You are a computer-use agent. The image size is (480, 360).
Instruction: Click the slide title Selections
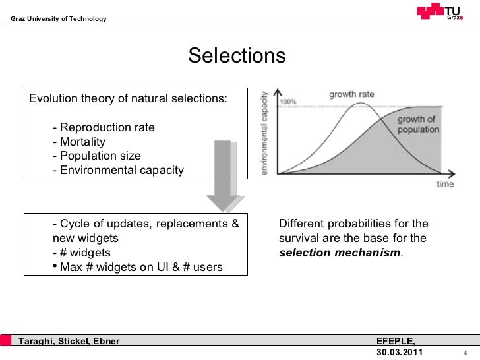pos(237,56)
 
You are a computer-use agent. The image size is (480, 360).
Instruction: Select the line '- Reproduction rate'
pos(104,127)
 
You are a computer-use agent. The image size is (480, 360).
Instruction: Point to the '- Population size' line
pos(96,156)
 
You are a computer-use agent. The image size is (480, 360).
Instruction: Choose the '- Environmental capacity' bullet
pos(118,171)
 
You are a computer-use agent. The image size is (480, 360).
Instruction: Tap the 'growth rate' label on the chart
pos(351,94)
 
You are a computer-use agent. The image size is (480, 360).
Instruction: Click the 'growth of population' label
pos(418,125)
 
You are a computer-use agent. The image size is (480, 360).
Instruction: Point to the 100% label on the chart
pos(288,102)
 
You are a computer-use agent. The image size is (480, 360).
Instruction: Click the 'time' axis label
pos(445,185)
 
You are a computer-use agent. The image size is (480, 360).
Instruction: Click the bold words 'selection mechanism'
pos(340,253)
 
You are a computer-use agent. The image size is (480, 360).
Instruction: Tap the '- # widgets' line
pos(81,253)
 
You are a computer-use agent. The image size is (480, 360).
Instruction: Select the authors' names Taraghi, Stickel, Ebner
pos(69,341)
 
